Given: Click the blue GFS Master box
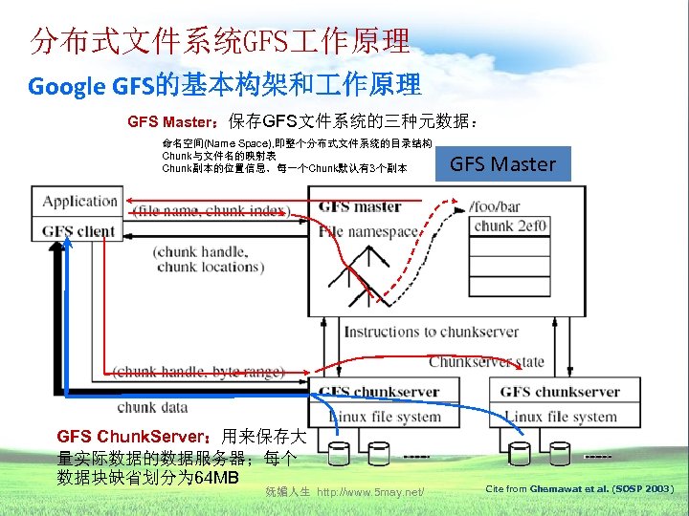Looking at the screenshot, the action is coord(502,163).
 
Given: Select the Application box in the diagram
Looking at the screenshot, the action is coord(80,202).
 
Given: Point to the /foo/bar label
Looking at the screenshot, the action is coord(496,206).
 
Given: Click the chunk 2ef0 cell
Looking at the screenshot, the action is coord(511,226).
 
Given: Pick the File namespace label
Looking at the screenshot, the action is coord(368,231).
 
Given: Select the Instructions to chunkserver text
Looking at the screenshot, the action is coord(432,333).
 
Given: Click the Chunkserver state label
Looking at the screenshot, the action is coord(486,362).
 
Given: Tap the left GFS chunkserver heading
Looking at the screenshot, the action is coord(379,392).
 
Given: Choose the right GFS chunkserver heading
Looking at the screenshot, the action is coord(560,392).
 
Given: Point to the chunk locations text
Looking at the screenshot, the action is coord(210,267).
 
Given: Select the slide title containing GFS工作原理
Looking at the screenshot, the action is coord(220,41).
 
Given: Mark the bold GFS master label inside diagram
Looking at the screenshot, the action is coord(360,206).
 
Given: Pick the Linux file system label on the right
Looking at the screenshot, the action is coord(561,417).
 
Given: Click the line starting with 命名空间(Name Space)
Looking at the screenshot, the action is coord(297,143).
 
